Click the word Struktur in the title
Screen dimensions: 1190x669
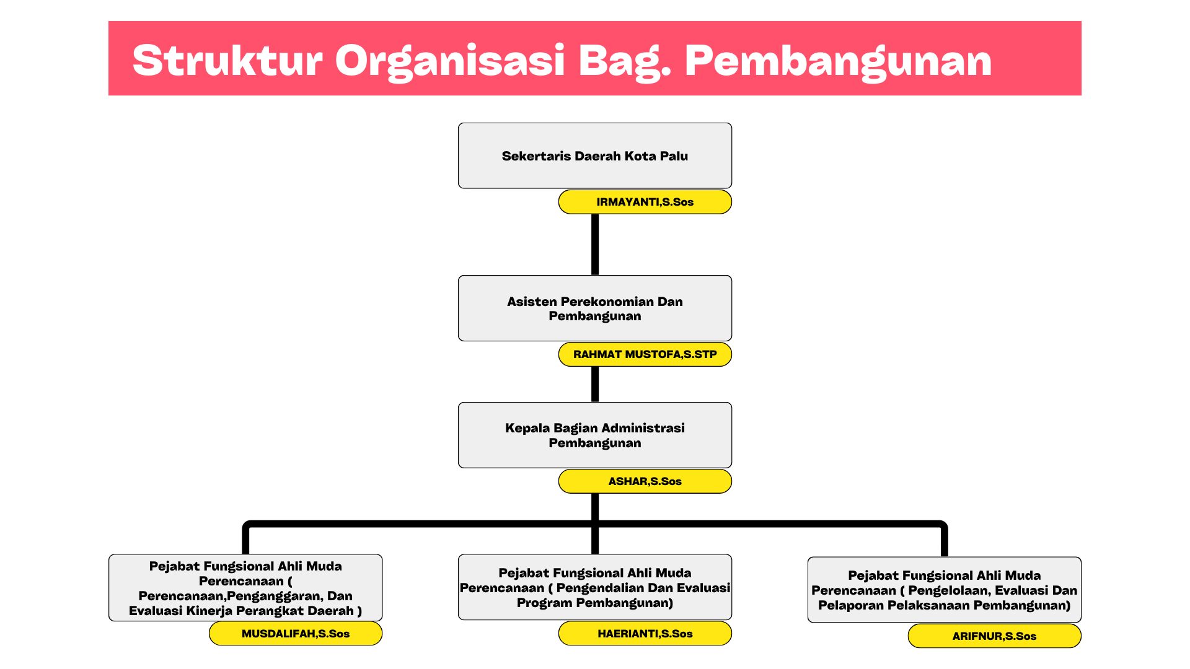[227, 61]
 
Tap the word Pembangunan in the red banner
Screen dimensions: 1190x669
[838, 62]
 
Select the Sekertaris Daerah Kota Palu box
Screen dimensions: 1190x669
[595, 155]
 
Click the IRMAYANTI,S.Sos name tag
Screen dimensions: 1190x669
[645, 202]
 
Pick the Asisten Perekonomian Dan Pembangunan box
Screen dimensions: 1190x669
[595, 308]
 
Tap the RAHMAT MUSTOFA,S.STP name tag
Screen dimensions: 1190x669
[645, 354]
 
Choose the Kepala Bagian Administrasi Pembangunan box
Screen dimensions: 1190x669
[595, 435]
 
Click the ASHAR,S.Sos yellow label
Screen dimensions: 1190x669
[645, 481]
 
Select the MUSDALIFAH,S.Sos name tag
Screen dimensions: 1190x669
[296, 634]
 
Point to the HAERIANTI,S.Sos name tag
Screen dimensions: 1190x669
[645, 634]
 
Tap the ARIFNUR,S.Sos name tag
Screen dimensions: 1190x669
[995, 636]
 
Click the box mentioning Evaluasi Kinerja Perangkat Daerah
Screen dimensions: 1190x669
[245, 588]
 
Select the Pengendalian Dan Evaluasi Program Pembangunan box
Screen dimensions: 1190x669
[595, 587]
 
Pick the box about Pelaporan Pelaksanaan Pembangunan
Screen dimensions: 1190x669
[945, 590]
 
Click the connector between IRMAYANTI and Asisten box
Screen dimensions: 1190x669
[595, 245]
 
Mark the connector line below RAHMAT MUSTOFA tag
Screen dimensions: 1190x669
[595, 384]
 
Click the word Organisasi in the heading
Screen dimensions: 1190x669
[450, 62]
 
